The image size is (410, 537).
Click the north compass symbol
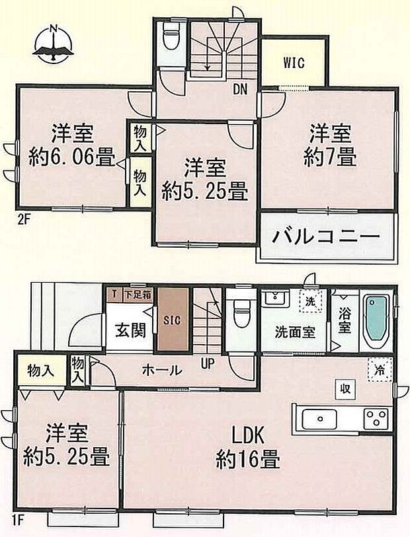pos(54,44)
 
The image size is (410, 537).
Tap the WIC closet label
pos(294,64)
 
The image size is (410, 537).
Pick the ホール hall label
pos(161,371)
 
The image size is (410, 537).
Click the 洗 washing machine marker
pos(310,301)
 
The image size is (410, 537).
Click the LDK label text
pos(247,436)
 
